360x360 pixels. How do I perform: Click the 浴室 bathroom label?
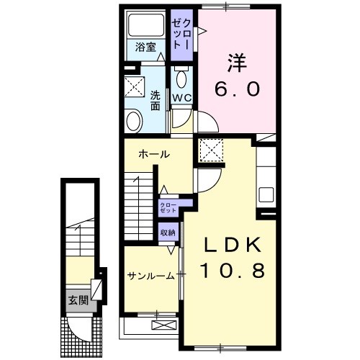146,48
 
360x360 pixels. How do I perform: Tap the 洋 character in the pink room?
239,64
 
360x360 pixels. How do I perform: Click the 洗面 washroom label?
156,99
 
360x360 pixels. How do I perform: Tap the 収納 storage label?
168,233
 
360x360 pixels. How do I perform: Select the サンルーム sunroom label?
151,276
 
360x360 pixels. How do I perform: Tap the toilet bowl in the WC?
181,78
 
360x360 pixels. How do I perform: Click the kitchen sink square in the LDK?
266,194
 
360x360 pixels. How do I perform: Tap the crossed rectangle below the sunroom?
163,325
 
